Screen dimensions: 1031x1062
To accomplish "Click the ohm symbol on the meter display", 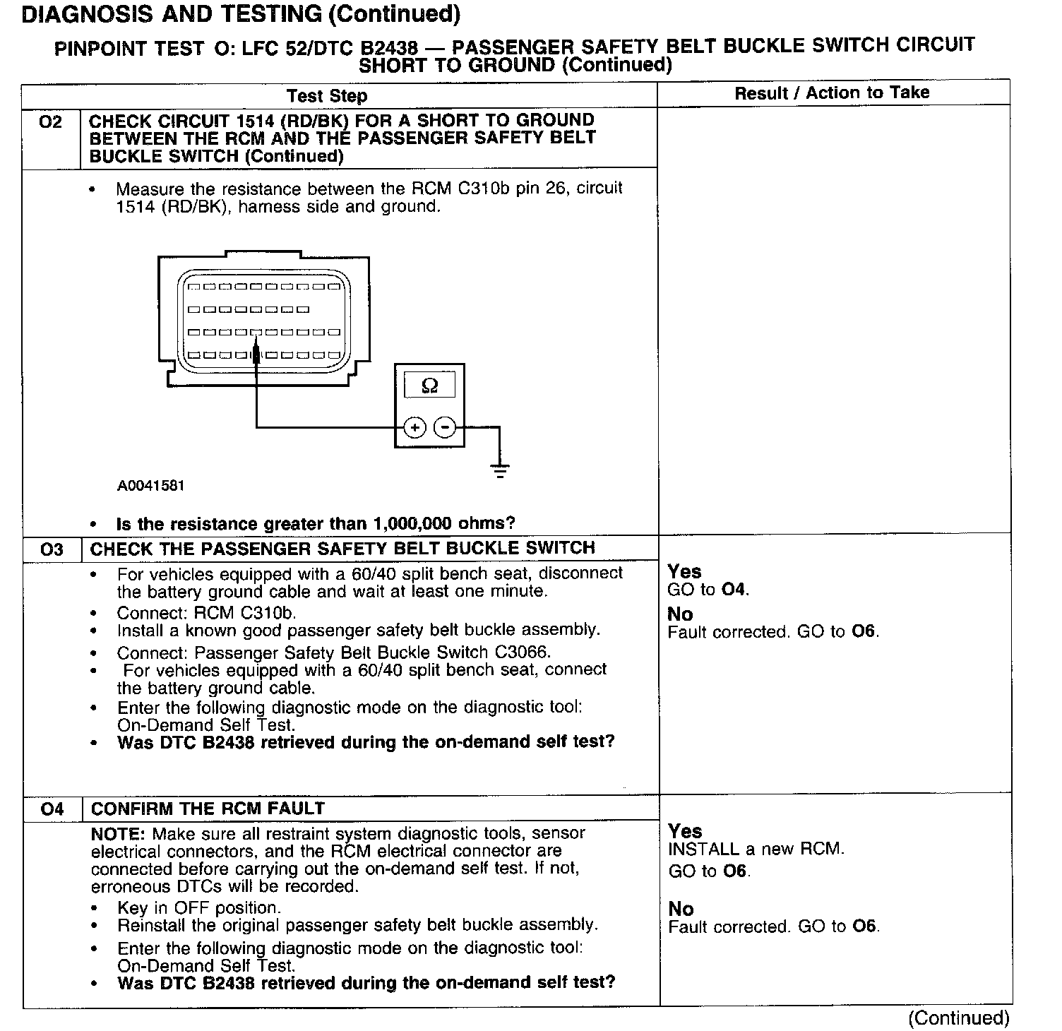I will coord(429,386).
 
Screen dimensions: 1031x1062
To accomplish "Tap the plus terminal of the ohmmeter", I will coord(415,427).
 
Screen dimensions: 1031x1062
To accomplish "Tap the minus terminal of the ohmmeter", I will coord(444,427).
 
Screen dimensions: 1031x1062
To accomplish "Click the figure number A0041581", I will coord(151,486).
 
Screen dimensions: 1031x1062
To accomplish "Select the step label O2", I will coord(51,122).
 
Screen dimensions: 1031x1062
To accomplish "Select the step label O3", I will coord(52,549).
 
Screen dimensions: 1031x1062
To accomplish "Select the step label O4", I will coord(52,809).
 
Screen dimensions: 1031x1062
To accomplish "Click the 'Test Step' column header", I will coord(327,96).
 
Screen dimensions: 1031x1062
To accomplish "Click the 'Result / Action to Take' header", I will coord(832,93).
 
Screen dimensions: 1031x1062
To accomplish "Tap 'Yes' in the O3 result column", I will coord(684,571).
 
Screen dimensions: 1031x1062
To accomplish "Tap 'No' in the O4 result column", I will coord(681,909).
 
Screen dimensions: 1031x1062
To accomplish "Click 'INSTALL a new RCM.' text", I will coord(756,849).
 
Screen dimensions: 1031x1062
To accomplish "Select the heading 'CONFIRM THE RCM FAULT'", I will coord(208,809).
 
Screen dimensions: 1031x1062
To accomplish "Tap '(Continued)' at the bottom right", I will coord(959,1018).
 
